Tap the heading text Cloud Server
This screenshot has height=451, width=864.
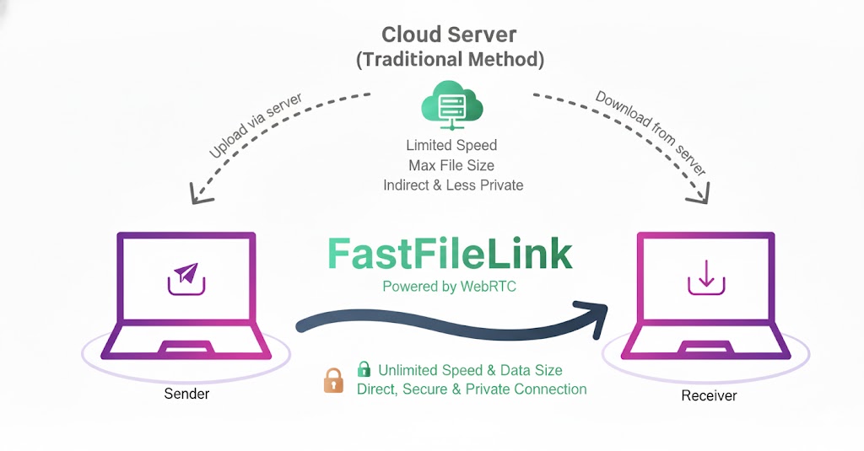449,35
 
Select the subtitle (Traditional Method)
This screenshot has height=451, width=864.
449,60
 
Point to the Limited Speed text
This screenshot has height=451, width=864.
451,145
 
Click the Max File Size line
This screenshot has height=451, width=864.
451,164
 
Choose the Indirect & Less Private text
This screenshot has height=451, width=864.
453,185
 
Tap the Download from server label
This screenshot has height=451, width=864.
651,132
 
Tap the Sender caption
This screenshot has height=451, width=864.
186,394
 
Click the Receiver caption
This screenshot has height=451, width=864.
709,395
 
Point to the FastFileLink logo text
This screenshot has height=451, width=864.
449,254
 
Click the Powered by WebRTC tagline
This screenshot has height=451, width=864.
449,287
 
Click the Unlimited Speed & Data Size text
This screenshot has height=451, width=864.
470,370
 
